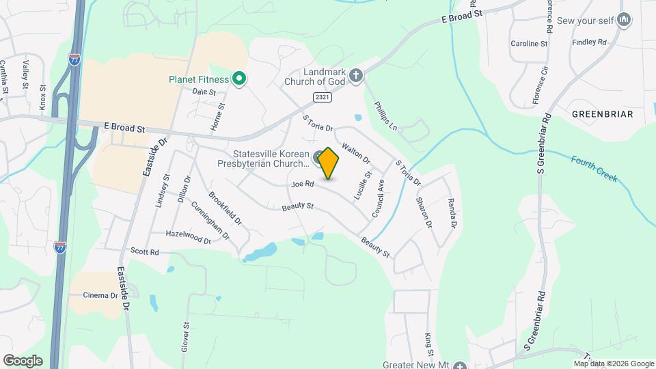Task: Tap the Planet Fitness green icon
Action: [x=238, y=79]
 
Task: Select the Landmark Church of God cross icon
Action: [x=355, y=74]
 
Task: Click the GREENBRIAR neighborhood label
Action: [x=602, y=113]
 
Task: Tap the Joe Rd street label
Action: [x=302, y=184]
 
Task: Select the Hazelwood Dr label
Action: [x=188, y=237]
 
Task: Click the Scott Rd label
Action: [x=144, y=252]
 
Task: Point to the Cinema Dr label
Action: [x=100, y=295]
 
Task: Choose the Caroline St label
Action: [x=529, y=44]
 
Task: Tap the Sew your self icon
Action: [x=623, y=20]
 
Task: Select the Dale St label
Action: [x=204, y=92]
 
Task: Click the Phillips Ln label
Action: [x=385, y=116]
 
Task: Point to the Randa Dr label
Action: [x=451, y=213]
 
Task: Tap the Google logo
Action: [x=23, y=360]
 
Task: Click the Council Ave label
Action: [x=378, y=199]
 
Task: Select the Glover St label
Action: [x=184, y=337]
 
